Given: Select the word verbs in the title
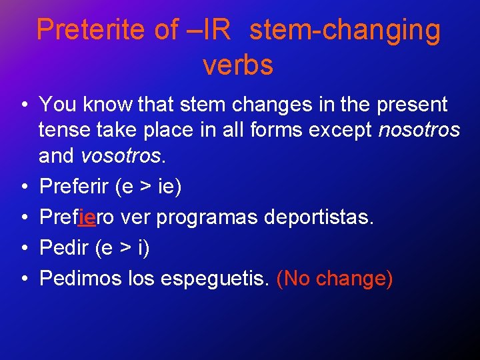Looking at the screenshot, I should (238, 65).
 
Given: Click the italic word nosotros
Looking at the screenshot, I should (419, 130).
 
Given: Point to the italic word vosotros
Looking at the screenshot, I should (120, 156).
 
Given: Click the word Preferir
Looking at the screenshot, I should (75, 187).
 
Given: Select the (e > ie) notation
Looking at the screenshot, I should (148, 187).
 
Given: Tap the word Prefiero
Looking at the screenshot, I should (77, 217).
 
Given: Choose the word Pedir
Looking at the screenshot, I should (64, 248).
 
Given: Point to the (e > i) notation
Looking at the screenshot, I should (123, 248).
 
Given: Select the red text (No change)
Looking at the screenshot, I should (334, 278).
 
